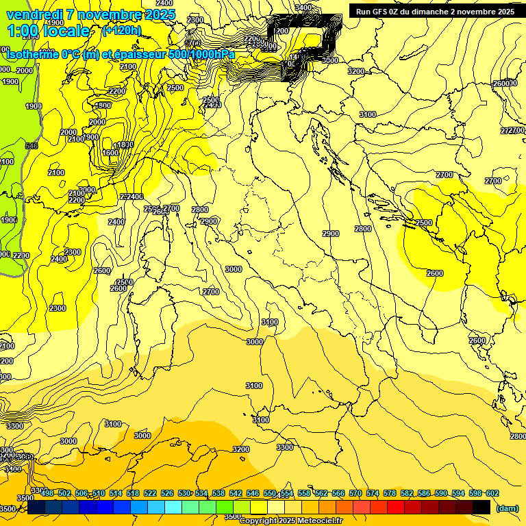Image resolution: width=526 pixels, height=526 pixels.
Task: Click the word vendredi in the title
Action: (30, 14)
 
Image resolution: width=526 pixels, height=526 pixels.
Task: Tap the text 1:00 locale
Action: (48, 31)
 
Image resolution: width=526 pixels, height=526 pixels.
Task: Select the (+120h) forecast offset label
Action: (121, 30)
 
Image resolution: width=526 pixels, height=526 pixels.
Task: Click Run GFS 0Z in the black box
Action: (380, 12)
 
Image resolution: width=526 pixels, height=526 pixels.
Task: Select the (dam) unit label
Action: (506, 509)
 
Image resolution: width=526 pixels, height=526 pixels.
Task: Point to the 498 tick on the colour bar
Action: (47, 493)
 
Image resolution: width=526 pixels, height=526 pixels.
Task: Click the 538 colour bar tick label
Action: (219, 493)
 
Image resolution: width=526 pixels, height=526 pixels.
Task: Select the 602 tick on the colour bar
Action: (492, 493)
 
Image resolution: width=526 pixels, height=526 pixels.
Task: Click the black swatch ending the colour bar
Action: (481, 507)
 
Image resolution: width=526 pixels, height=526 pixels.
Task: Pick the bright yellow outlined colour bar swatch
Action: (259, 507)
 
